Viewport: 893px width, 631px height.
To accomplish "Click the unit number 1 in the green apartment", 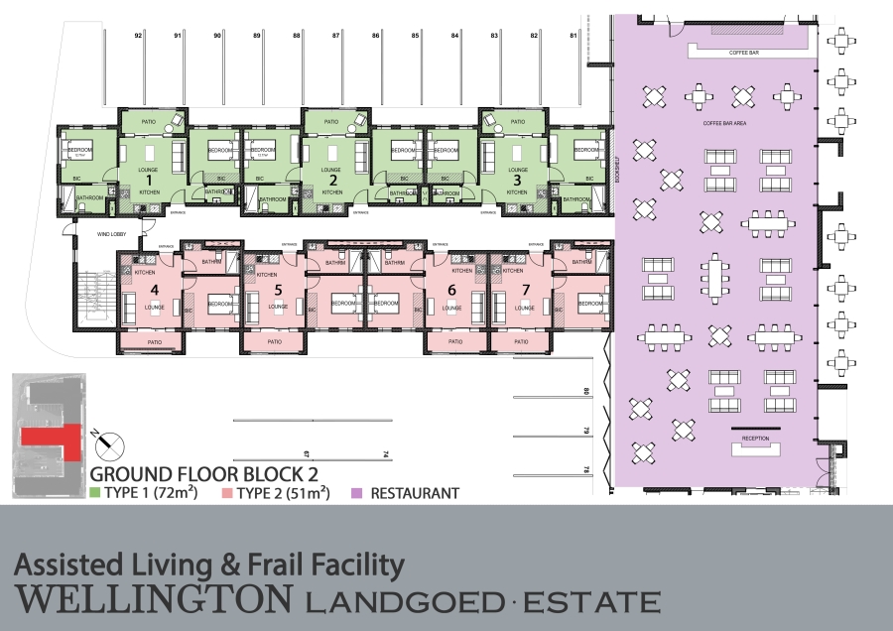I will pos(150,181).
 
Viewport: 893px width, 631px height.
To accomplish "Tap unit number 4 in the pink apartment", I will pos(155,291).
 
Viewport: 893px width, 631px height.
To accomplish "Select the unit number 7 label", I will pos(527,291).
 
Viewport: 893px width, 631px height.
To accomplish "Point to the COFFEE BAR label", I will pos(743,52).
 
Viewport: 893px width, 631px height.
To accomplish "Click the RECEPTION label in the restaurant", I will pos(756,438).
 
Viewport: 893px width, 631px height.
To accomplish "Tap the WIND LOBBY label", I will pos(110,235).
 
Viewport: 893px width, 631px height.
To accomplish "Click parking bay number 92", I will pos(139,36).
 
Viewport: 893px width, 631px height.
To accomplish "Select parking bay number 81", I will pos(574,36).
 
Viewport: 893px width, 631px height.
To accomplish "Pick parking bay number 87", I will pos(336,36).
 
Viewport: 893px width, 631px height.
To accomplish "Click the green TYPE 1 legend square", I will pos(95,492).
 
